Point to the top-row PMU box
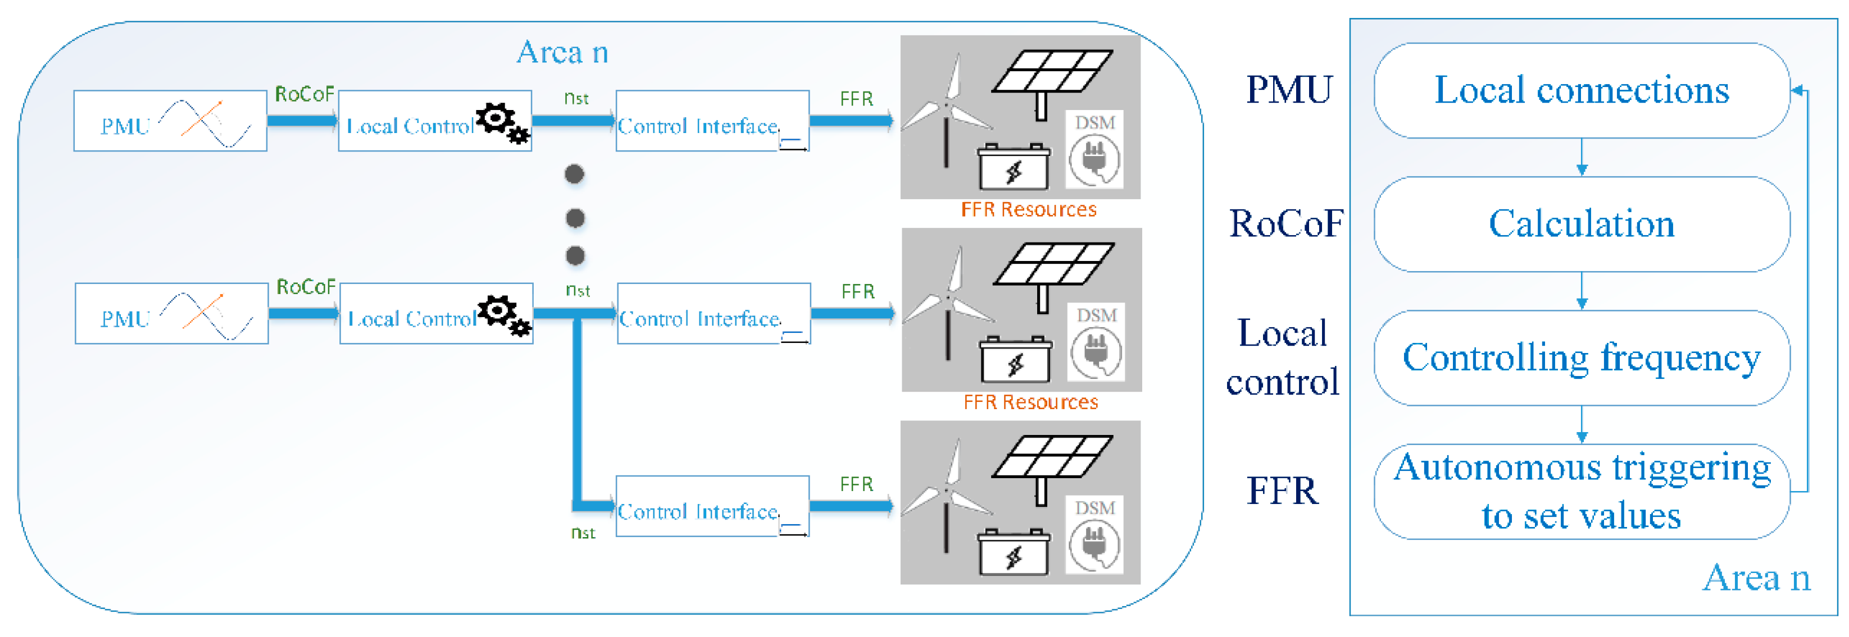coord(170,121)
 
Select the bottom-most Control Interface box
coord(712,506)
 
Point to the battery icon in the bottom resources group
coord(1014,552)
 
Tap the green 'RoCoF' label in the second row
coord(306,287)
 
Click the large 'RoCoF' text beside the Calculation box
coord(1285,224)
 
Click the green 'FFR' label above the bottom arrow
coord(856,484)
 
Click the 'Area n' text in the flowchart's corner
coord(1756,578)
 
